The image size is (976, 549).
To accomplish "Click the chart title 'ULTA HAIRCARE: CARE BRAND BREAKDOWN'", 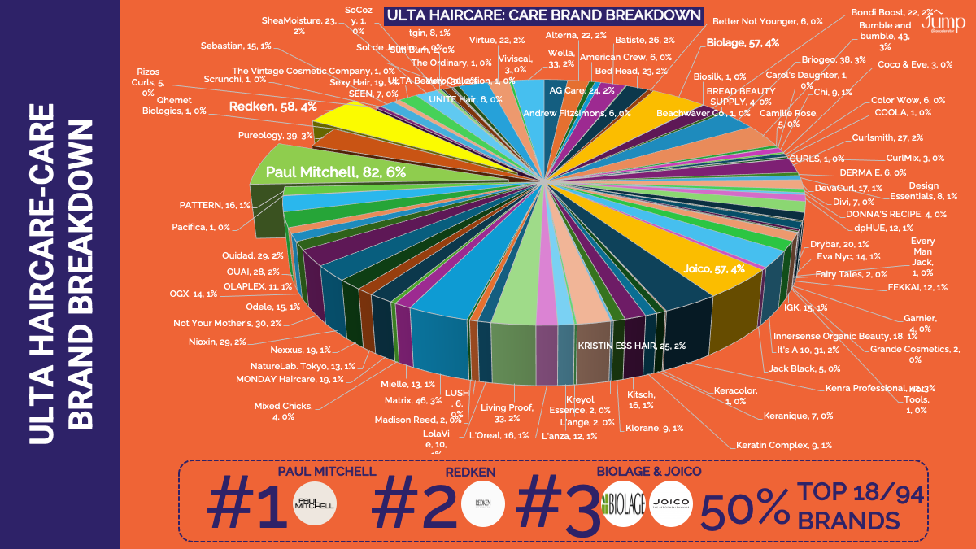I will coord(543,15).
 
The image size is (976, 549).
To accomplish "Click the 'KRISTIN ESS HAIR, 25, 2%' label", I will coord(631,346).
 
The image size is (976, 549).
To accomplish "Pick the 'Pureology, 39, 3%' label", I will coord(275,135).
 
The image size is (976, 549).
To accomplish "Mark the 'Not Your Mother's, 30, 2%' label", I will coord(227,323).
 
